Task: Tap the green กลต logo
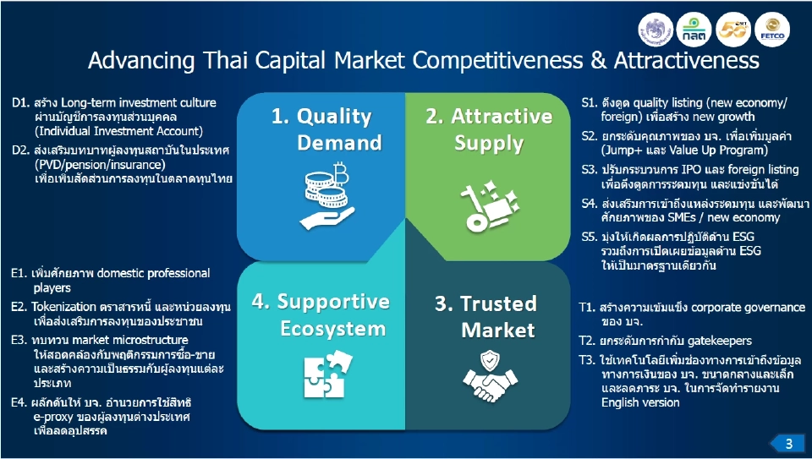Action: [694, 30]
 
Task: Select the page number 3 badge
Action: [785, 443]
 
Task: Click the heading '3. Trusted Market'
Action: [486, 316]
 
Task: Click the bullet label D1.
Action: [20, 103]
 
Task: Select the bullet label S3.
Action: [590, 170]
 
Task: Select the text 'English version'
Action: [640, 402]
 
